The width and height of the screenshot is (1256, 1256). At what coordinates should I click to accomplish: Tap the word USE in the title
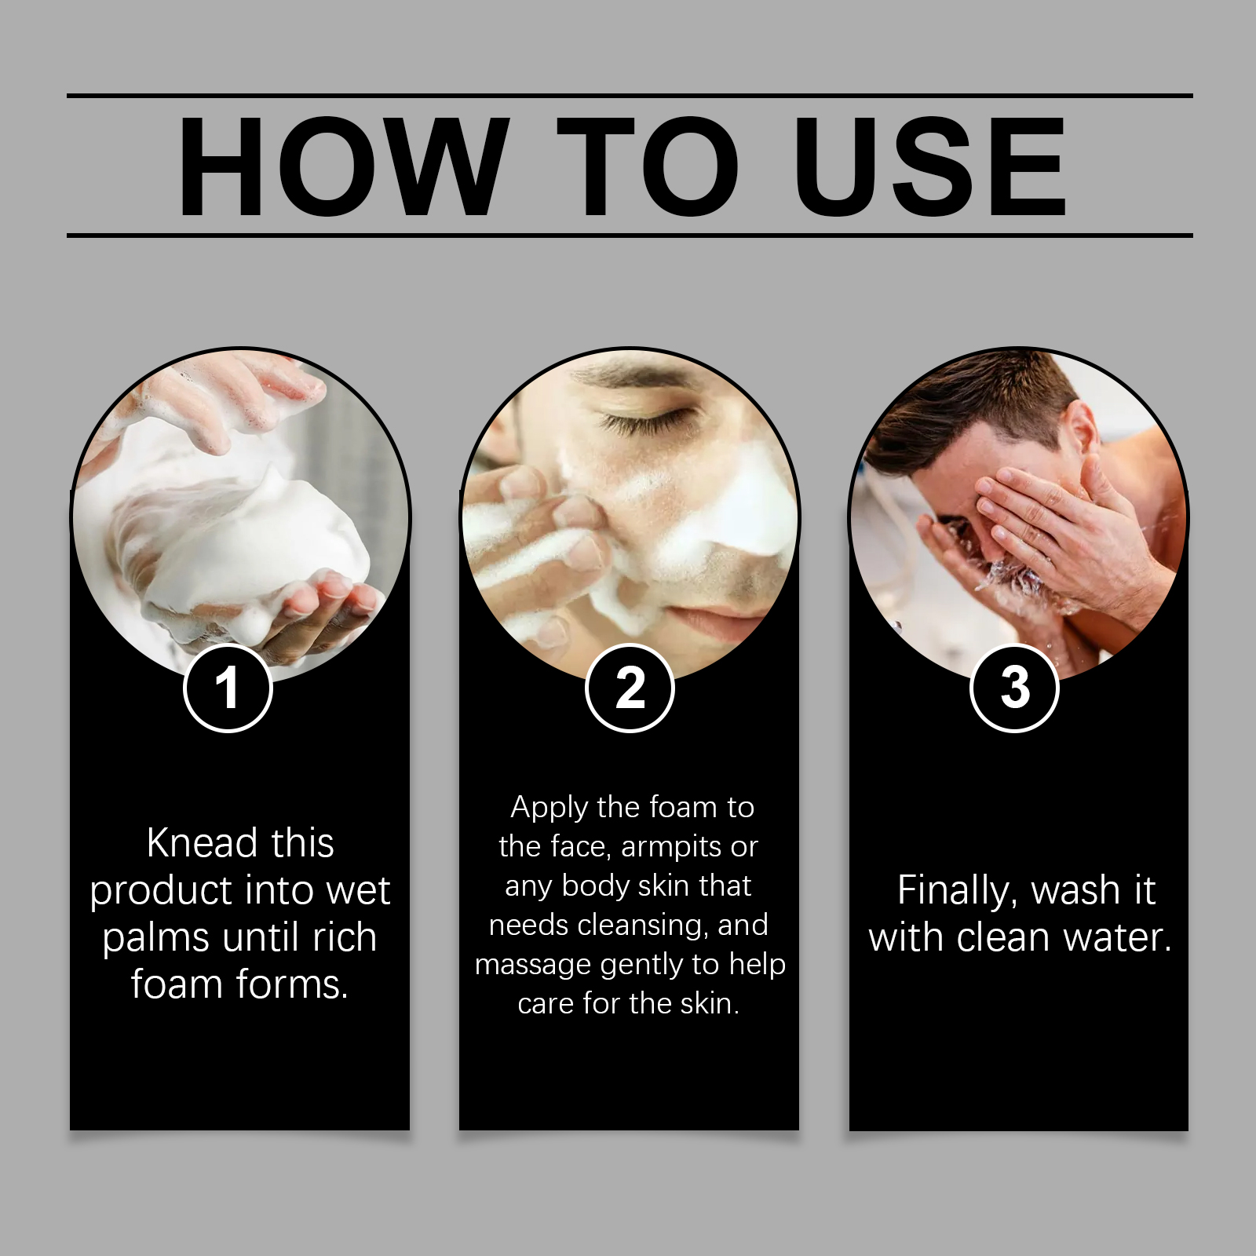tap(929, 166)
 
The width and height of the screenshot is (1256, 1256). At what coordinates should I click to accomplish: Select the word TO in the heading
tap(647, 166)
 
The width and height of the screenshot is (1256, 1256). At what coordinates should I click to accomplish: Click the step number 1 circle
tap(228, 688)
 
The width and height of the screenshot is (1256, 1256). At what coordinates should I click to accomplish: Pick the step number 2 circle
tap(630, 688)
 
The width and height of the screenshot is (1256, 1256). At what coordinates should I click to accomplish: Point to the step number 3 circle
tap(1015, 688)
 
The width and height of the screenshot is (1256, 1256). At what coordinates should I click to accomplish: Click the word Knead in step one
tap(202, 844)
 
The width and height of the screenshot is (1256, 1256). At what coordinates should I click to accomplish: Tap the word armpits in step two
tap(671, 847)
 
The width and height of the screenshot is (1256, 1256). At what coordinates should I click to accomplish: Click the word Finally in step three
tap(958, 891)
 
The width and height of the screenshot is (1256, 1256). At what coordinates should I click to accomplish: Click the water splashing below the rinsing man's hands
tap(1013, 581)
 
